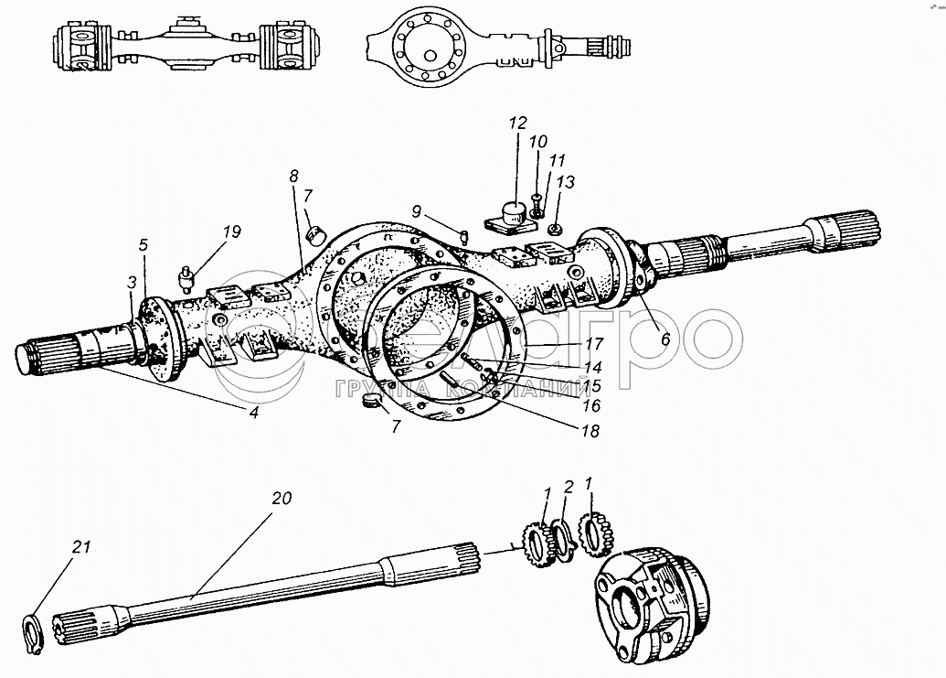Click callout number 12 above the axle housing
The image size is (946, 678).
coord(518,123)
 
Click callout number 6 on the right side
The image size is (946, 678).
coord(664,338)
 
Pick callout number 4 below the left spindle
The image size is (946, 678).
coord(254,412)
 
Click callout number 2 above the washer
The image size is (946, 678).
coord(568,486)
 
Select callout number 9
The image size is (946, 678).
coord(417,211)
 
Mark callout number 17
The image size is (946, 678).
coord(595,345)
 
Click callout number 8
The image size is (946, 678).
coord(292,174)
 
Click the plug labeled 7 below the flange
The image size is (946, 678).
coord(373,404)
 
